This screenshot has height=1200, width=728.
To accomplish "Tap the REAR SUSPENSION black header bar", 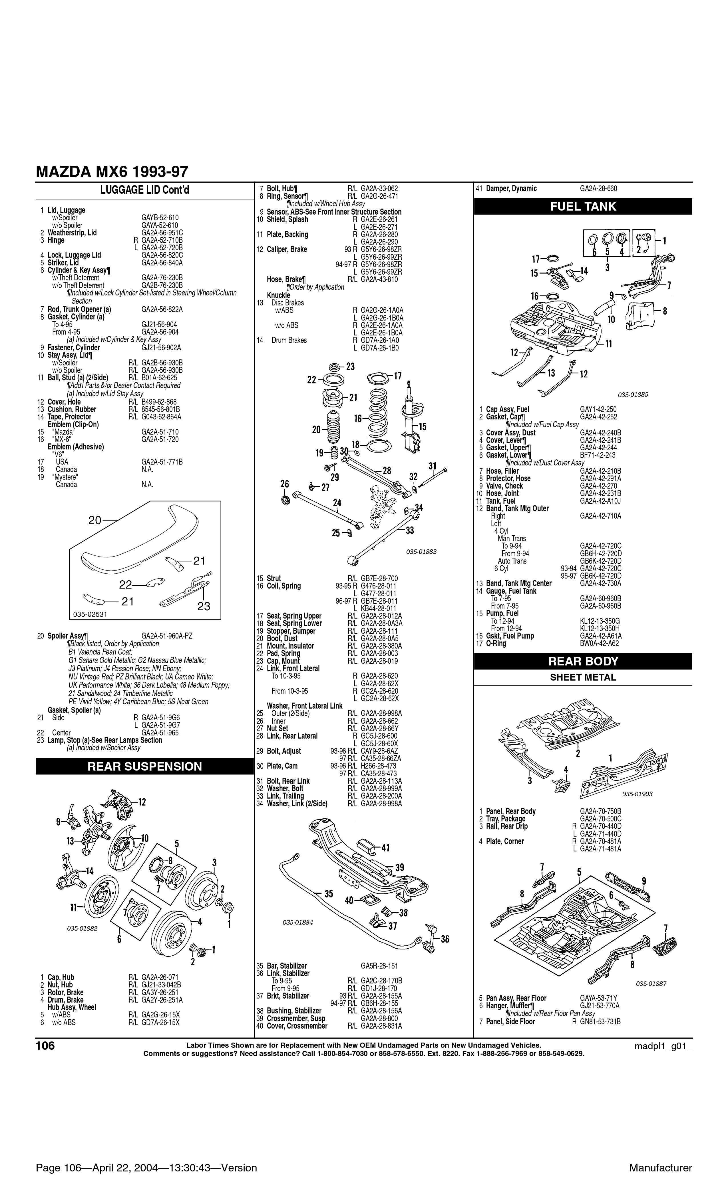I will click(x=144, y=766).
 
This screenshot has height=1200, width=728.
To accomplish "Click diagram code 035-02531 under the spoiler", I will click(x=90, y=614).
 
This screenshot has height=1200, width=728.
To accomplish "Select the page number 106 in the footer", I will click(x=45, y=1046).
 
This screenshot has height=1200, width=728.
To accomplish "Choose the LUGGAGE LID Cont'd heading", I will click(x=144, y=190).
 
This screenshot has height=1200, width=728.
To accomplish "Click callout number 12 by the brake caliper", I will click(x=142, y=802).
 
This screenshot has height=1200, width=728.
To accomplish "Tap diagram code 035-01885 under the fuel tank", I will click(x=633, y=395).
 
